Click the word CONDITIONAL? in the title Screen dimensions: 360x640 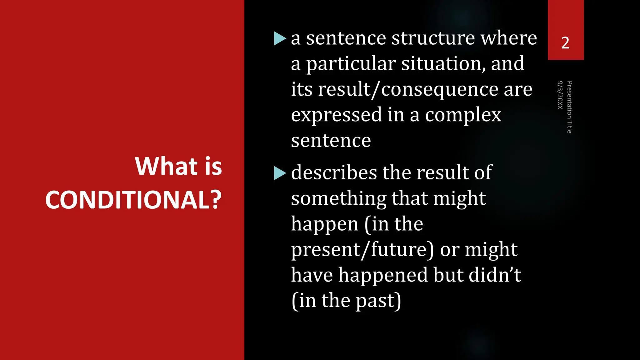[133, 200]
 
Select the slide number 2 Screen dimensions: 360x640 [565, 43]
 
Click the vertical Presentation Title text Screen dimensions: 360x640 [569, 107]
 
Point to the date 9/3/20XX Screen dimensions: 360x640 [560, 95]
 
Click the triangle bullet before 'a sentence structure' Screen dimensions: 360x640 [280, 38]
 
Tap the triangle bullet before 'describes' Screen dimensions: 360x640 [280, 173]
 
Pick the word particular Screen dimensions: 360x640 [351, 64]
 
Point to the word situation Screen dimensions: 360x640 [443, 64]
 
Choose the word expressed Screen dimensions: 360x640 [337, 115]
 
